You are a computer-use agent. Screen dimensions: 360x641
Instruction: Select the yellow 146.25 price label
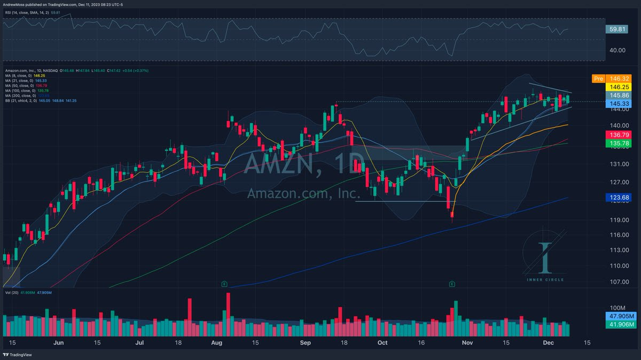[x=620, y=87]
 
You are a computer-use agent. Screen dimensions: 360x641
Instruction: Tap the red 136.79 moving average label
[x=620, y=135]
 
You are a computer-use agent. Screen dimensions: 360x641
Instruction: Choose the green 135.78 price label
[x=620, y=143]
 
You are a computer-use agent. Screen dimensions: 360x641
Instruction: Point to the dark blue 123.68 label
[x=620, y=198]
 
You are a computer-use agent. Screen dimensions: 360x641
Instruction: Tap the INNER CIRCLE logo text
[x=545, y=279]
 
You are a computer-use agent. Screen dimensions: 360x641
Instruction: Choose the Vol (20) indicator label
[x=12, y=292]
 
